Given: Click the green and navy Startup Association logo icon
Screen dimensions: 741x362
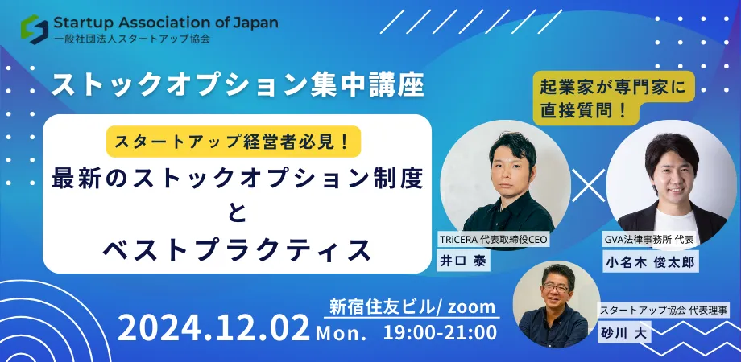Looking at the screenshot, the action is click(35, 29).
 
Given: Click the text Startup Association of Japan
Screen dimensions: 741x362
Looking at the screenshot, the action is click(165, 23).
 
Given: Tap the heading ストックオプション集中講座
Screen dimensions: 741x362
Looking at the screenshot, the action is click(238, 84).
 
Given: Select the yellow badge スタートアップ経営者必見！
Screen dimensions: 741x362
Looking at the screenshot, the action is click(234, 142).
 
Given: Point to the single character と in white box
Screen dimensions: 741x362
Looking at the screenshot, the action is click(238, 213).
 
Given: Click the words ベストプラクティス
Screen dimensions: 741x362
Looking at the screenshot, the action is click(238, 249).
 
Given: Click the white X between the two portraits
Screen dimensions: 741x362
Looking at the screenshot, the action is click(588, 185).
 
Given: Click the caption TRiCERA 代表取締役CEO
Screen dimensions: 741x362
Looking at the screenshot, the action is click(493, 239).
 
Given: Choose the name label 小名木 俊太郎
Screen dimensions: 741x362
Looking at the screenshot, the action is click(650, 261).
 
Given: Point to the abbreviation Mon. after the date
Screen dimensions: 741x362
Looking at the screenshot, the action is click(342, 334).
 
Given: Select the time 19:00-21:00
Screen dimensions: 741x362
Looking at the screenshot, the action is click(440, 333).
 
